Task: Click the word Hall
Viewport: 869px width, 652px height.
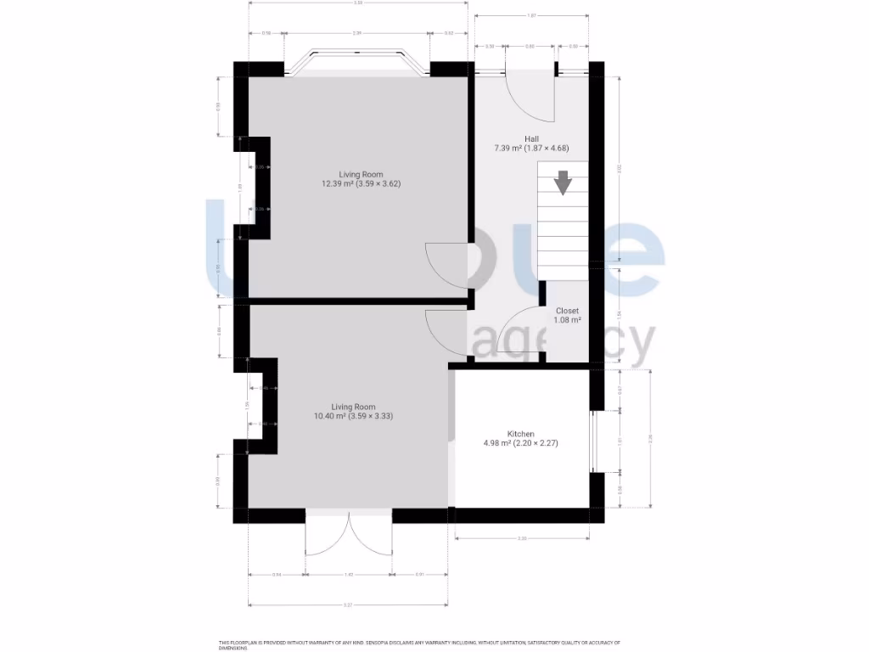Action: pos(531,138)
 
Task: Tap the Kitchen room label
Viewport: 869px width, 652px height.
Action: pos(520,434)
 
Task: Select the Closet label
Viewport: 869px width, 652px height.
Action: pos(567,311)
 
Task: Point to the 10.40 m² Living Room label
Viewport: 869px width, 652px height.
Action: pos(353,407)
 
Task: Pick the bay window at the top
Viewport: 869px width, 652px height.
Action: pos(357,63)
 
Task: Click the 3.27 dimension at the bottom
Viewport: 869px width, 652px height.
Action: pos(348,604)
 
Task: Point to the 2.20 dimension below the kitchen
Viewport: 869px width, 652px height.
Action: pos(521,538)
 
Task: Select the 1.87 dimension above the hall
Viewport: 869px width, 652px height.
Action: pos(532,16)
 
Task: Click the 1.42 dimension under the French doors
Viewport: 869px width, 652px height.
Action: pos(348,576)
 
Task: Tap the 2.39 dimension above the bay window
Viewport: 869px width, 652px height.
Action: pos(357,33)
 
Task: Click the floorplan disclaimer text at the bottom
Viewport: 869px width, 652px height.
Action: pos(420,644)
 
